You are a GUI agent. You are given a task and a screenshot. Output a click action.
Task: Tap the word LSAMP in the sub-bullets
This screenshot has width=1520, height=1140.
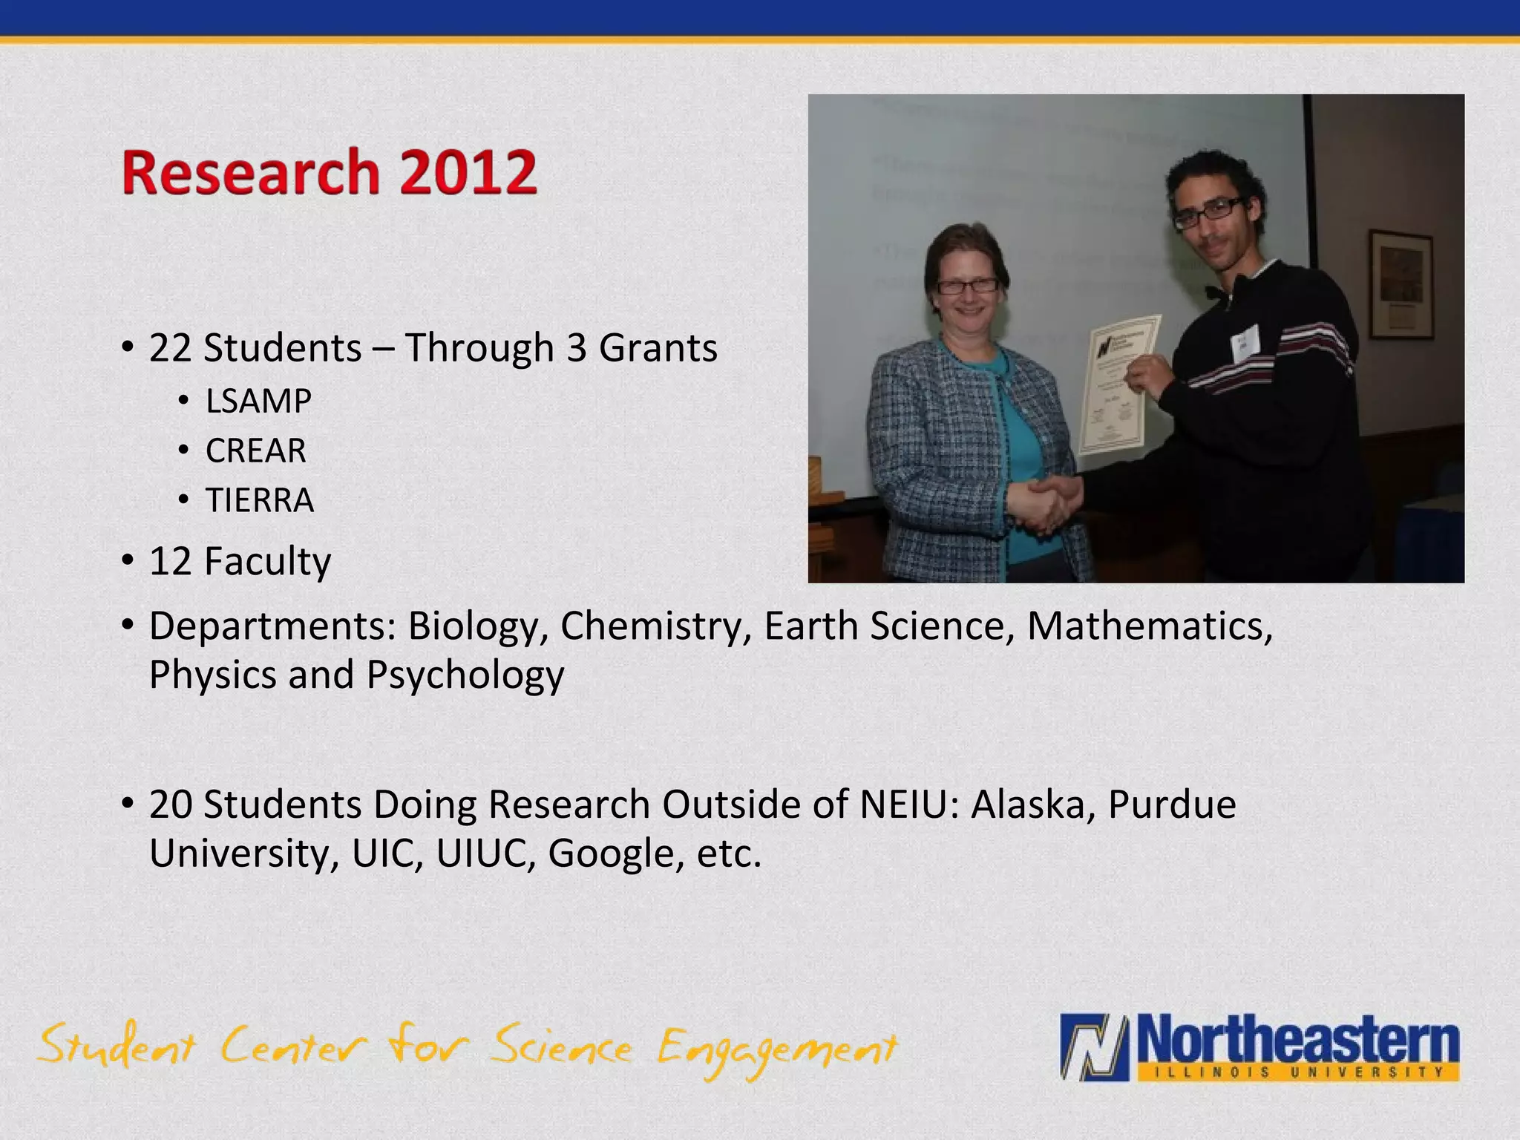[258, 402]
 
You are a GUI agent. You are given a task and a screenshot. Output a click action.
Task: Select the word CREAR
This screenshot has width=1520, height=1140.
[256, 451]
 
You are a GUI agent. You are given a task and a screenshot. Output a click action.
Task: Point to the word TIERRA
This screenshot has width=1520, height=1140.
[260, 500]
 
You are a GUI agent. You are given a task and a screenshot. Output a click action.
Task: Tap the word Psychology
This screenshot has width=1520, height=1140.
[465, 675]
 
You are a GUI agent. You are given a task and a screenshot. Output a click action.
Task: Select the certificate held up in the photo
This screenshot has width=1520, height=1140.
[1117, 382]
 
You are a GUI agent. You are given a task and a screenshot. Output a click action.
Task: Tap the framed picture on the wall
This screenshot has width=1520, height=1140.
[1400, 283]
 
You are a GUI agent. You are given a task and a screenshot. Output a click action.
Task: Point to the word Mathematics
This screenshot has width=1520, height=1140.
[1150, 626]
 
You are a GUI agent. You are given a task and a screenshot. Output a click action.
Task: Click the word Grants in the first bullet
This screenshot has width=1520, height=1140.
[658, 348]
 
